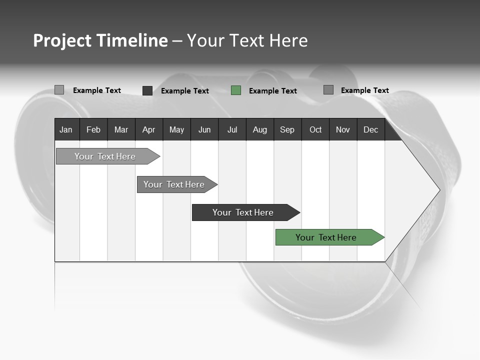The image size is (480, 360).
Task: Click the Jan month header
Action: (x=66, y=130)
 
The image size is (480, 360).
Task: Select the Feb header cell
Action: (x=93, y=130)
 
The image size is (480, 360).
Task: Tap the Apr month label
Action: (x=148, y=130)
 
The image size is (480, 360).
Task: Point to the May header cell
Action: (x=176, y=130)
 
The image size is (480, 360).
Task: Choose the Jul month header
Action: (x=232, y=130)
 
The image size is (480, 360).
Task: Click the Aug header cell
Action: (x=259, y=130)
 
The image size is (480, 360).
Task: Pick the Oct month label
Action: (x=315, y=130)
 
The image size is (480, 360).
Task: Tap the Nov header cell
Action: (x=343, y=130)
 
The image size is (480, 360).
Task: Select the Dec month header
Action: (x=370, y=130)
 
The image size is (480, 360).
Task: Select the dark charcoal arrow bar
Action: (x=243, y=212)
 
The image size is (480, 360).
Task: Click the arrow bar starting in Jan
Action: (x=105, y=156)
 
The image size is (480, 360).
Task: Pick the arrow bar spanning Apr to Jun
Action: (x=174, y=184)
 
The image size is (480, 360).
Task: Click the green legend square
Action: (x=236, y=90)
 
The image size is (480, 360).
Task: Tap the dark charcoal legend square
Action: (x=147, y=90)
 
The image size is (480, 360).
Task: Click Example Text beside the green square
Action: (x=272, y=91)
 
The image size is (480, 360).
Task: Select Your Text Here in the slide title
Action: (x=247, y=40)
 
